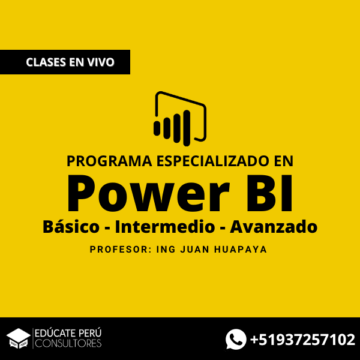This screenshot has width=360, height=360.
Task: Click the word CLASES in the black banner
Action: coord(46,62)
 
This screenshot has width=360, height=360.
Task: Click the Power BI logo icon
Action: coord(180,119)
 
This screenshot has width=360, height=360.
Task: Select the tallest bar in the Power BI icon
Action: coord(187,128)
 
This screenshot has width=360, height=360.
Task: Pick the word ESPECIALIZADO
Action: coord(213,161)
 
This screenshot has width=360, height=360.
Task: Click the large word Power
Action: coord(148,194)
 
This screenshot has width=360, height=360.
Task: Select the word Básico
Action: coord(71,227)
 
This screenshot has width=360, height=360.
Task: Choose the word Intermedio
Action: coord(165,227)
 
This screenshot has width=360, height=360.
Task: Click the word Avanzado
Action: coord(274,227)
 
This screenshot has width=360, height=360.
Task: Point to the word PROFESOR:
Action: coord(121,250)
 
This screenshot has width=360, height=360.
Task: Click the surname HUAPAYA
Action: coord(241,250)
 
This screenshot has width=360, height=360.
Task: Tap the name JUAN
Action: coord(194,250)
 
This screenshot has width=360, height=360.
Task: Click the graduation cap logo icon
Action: coord(19,338)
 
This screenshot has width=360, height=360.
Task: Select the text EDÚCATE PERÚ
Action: coord(68,333)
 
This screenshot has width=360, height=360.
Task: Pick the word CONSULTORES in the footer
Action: coord(68,343)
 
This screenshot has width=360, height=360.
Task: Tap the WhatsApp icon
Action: coord(236,339)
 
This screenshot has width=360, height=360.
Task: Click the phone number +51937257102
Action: coord(302,340)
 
